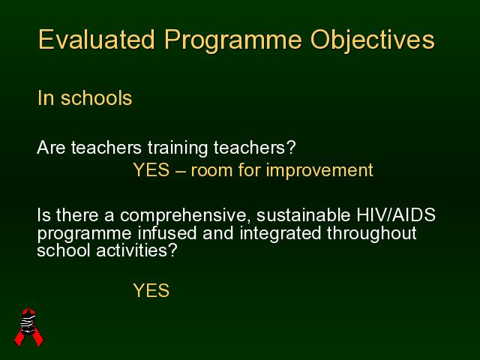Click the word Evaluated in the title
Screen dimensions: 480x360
97,40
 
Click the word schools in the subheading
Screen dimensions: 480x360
97,98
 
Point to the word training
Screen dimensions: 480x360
178,148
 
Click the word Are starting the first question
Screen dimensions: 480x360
51,148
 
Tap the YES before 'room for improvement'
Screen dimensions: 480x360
151,170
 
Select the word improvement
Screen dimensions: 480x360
319,170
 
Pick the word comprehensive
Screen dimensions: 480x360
183,216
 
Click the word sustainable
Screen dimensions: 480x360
303,215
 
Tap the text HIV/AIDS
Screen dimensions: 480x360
396,214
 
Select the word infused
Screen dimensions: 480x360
166,233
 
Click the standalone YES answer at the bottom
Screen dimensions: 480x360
151,290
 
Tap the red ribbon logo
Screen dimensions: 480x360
29,327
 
